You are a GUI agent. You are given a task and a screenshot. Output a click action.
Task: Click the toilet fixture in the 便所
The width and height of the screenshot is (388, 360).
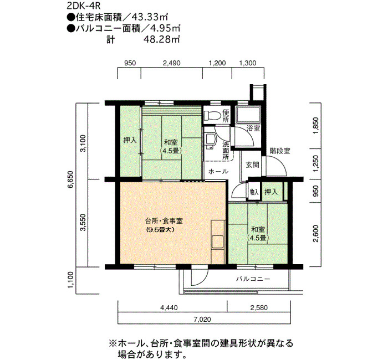(x=212, y=115)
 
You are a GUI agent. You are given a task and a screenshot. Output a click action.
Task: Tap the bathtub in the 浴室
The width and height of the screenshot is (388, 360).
(x=248, y=115)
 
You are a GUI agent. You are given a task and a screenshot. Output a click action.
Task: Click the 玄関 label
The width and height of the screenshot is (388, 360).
(x=252, y=164)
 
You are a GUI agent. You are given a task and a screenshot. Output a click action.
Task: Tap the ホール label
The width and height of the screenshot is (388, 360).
(x=218, y=171)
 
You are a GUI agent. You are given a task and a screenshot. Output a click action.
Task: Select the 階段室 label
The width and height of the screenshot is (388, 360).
(x=280, y=151)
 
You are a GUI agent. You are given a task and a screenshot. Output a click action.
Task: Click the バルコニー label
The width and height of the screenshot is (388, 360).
(x=253, y=279)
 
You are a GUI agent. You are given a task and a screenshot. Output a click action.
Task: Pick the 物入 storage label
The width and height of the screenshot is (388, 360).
(x=254, y=192)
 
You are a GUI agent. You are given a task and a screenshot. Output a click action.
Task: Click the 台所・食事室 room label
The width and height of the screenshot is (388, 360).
(x=164, y=220)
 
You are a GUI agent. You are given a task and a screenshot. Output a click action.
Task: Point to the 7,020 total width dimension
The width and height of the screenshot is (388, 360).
(x=203, y=319)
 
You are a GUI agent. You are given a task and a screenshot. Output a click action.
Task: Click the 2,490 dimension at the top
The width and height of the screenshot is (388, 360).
(x=172, y=63)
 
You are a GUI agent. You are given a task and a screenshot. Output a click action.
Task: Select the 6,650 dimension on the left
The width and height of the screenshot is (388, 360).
(x=71, y=179)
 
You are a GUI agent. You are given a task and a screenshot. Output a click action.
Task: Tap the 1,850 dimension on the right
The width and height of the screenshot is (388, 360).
(x=316, y=126)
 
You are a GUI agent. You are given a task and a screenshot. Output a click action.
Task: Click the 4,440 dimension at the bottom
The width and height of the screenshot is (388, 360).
(x=169, y=307)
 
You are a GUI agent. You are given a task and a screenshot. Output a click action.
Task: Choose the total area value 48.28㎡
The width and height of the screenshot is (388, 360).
(x=162, y=39)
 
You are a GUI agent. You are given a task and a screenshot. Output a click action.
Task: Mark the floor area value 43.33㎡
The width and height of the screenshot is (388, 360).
(x=150, y=17)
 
